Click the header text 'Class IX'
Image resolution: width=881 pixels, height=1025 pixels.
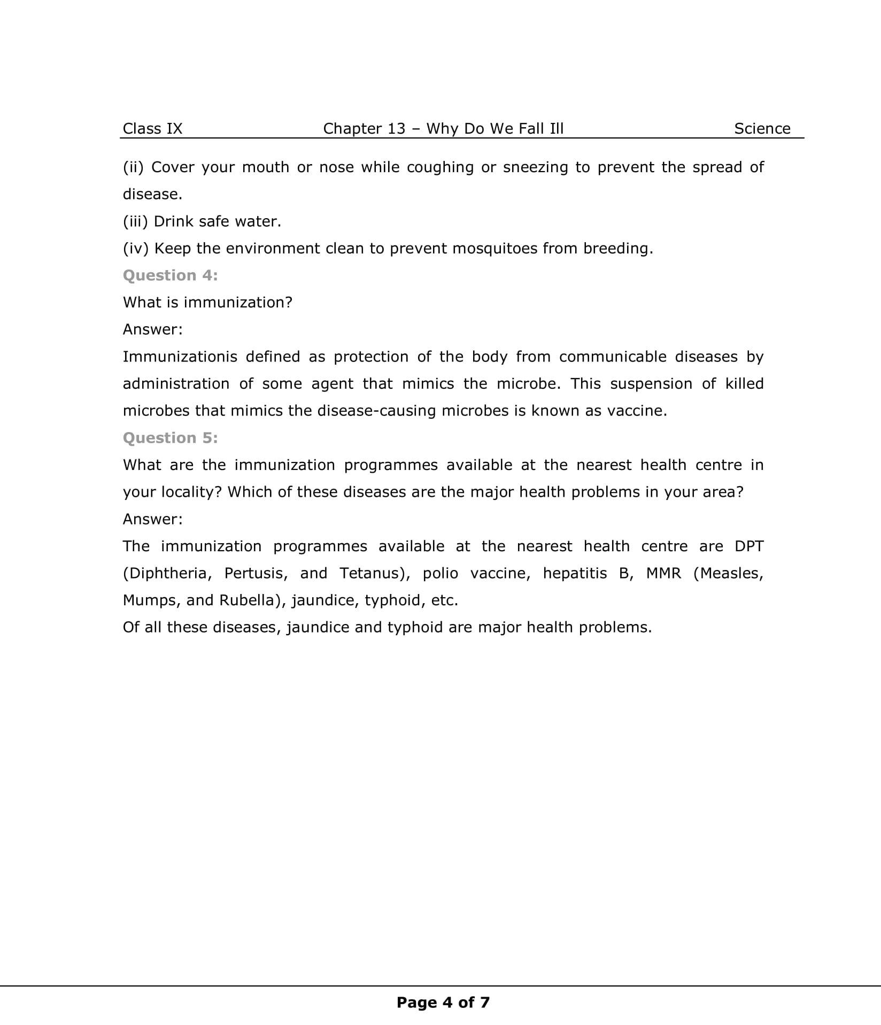[152, 128]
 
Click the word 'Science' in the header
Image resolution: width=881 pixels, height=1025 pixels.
[762, 128]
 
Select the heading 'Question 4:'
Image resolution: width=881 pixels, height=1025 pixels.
[170, 275]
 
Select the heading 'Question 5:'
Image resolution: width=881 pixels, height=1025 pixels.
[170, 438]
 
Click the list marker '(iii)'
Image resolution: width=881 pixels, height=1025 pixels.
[135, 221]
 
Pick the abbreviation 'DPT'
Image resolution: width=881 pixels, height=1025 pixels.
[749, 546]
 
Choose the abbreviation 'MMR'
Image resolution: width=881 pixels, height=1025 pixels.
[663, 573]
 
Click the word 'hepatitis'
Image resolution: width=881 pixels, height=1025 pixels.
[575, 573]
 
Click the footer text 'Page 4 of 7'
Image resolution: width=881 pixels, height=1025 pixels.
[443, 1003]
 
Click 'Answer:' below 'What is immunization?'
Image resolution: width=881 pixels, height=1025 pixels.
[152, 329]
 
